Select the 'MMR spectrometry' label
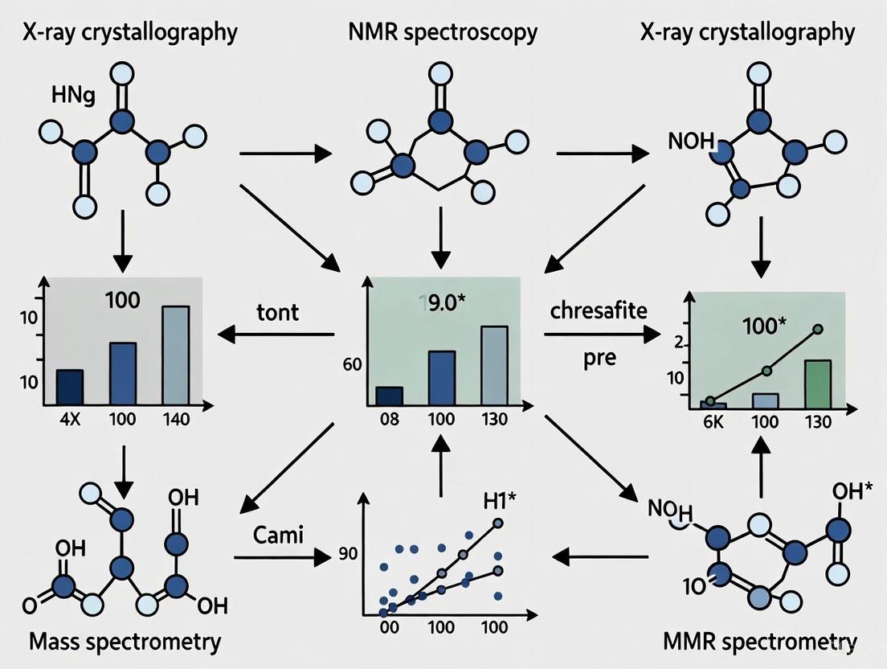[760, 641]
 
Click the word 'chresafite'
[598, 310]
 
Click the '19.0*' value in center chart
[441, 302]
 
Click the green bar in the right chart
[817, 384]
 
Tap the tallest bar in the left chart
[175, 355]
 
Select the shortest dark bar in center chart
[390, 396]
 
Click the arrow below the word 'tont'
[277, 332]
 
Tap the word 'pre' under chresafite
[599, 356]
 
